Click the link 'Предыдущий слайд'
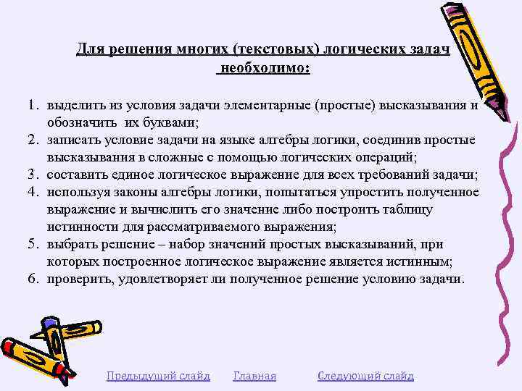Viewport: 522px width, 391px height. point(158,376)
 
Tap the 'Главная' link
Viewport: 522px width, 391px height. point(254,376)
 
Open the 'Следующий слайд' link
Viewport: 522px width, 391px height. point(365,376)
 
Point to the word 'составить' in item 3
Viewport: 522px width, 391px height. point(75,174)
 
